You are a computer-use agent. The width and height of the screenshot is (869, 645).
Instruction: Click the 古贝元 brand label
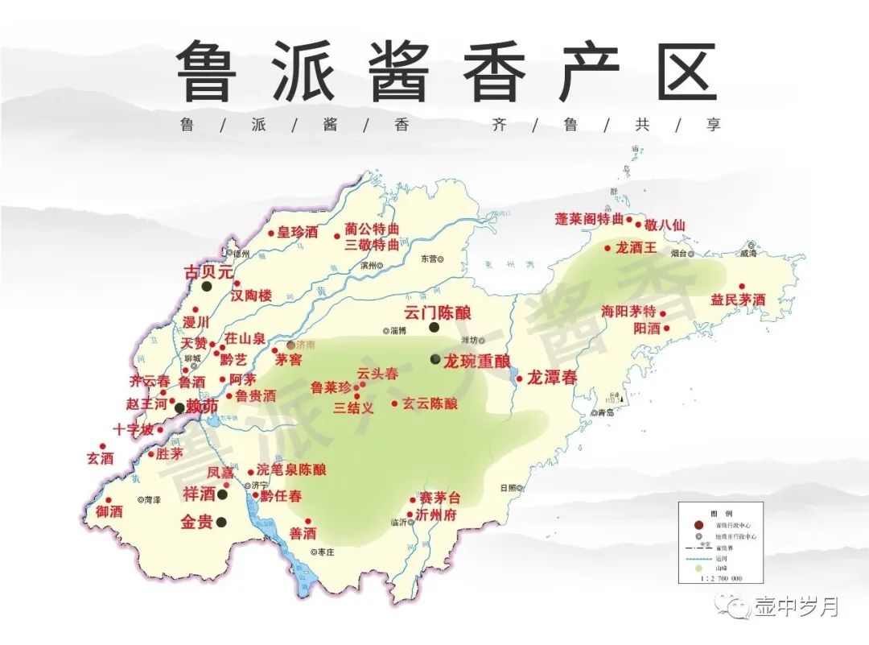(208, 272)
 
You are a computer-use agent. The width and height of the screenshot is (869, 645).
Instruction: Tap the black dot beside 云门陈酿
(434, 327)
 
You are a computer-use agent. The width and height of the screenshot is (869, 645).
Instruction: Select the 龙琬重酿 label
(477, 359)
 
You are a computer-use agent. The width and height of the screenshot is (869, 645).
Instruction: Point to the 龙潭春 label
(552, 377)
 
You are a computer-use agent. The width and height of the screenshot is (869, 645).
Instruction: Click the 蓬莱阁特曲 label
(589, 219)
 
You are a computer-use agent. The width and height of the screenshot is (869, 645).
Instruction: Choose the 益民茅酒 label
(738, 300)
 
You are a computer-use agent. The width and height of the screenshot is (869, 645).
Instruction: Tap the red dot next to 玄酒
(102, 446)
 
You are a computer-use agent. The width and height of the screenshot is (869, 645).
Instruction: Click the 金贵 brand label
(197, 522)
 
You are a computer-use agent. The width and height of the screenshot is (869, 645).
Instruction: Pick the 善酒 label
(303, 533)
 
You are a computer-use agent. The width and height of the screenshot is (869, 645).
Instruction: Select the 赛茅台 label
(441, 499)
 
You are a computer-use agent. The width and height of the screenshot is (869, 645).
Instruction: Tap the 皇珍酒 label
(299, 232)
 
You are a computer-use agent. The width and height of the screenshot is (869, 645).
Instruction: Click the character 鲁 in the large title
(207, 71)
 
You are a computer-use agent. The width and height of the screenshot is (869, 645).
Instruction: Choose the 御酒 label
(109, 511)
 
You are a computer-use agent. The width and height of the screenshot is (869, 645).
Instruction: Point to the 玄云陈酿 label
(430, 403)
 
